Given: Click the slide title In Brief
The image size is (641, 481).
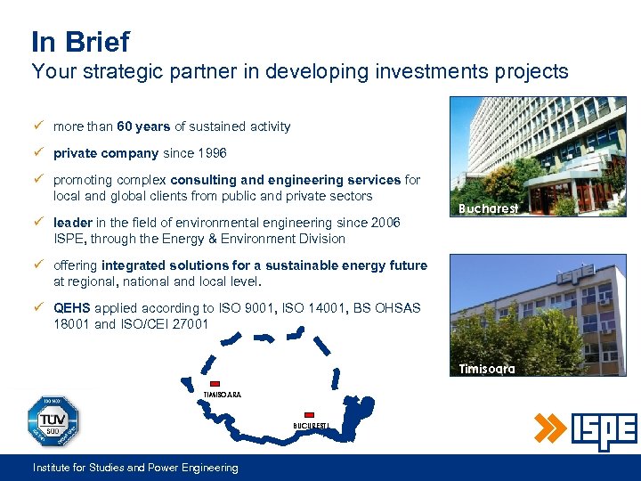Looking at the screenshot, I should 80,42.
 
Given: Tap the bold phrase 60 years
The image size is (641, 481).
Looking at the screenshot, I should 143,126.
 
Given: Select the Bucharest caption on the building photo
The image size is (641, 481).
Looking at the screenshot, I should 488,208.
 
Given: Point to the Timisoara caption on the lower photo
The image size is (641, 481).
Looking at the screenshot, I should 487,369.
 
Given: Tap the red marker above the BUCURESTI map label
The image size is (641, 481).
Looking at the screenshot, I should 309,414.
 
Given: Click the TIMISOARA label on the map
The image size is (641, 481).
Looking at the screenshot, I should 223,395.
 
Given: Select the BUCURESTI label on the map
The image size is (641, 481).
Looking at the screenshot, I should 312,426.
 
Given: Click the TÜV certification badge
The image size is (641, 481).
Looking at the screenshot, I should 53,421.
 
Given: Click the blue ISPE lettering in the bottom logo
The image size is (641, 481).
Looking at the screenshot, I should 603,432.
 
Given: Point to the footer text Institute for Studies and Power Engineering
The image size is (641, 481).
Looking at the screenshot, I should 135,468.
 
